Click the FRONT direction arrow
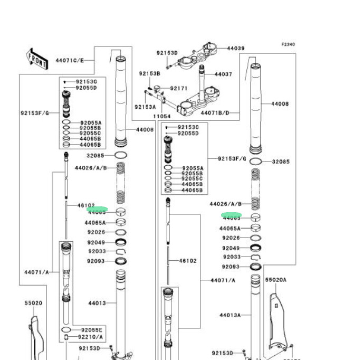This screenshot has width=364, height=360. coord(36,58)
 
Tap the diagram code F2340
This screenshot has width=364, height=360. coord(288,45)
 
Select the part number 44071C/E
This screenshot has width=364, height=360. coord(70,60)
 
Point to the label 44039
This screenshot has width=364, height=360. coord(236,48)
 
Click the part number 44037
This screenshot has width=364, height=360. coord(223,74)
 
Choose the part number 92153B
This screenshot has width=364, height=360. coord(149,73)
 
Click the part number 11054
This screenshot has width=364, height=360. coord(161,116)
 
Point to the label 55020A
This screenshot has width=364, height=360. coord(275,280)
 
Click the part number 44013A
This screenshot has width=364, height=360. coord(231,315)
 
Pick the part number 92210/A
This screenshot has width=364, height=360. coord(90,337)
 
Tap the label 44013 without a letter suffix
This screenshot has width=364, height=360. coord(97,304)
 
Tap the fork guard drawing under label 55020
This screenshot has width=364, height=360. coord(35,335)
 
